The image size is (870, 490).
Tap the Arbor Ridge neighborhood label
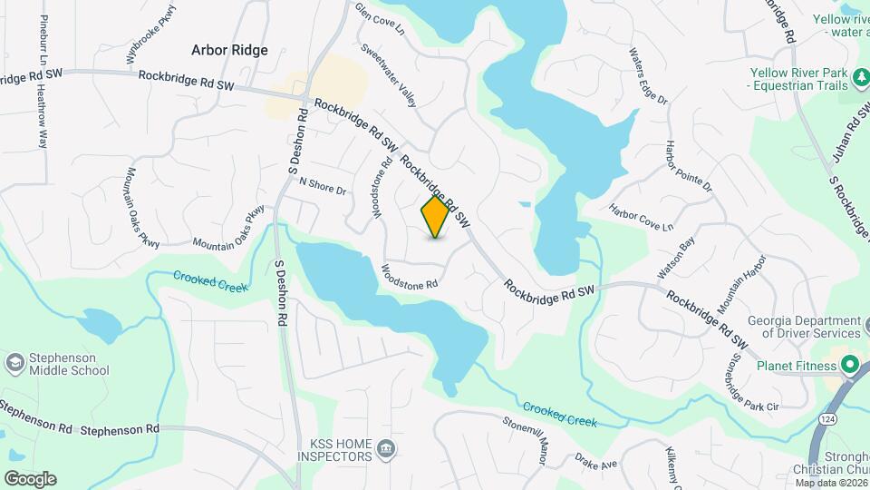pos(229,50)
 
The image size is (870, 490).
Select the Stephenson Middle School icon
pos(14,363)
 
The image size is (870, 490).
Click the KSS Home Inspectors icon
pos(386,448)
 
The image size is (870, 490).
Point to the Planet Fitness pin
pos(850,366)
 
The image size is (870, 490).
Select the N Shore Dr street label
pos(324,187)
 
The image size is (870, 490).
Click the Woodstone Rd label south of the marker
pos(410,276)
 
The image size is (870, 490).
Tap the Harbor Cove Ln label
pos(642,217)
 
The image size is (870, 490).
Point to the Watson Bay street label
pos(675,257)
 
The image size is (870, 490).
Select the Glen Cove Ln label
pos(381,19)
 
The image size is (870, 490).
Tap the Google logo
pos(29,478)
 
